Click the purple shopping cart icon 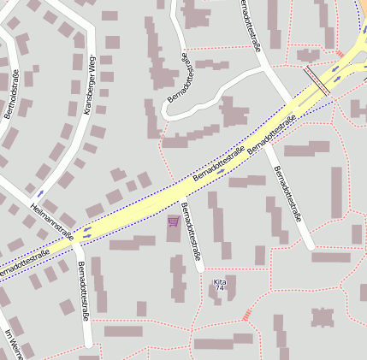coord(174,221)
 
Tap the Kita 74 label coord(220,285)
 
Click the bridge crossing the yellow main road coord(317,79)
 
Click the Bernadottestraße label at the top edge coord(251,26)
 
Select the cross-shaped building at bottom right coord(323,318)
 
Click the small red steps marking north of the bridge coord(308,56)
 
